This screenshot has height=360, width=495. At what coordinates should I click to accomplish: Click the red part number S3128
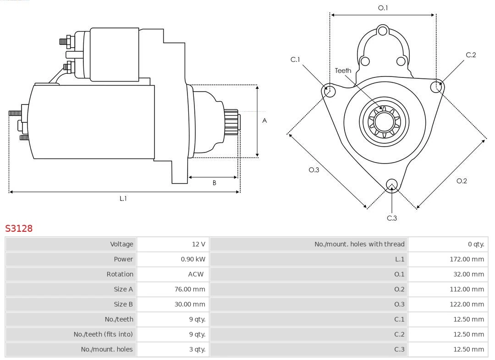(19, 228)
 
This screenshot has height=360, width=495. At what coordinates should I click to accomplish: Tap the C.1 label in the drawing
(295, 60)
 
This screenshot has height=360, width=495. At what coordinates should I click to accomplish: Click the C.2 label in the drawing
(471, 55)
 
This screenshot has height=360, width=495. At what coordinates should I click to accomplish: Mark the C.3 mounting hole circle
(391, 185)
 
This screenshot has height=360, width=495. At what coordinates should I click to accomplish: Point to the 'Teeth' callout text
(343, 71)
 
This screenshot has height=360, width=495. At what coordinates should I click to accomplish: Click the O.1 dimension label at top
(383, 8)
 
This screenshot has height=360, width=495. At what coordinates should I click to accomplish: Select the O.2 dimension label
(462, 181)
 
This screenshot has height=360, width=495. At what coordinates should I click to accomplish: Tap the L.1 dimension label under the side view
(123, 198)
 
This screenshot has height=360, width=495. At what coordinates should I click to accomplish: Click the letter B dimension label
(214, 183)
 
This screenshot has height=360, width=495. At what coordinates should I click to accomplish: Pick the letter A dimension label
(264, 121)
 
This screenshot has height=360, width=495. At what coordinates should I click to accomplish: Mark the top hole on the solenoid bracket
(383, 31)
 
